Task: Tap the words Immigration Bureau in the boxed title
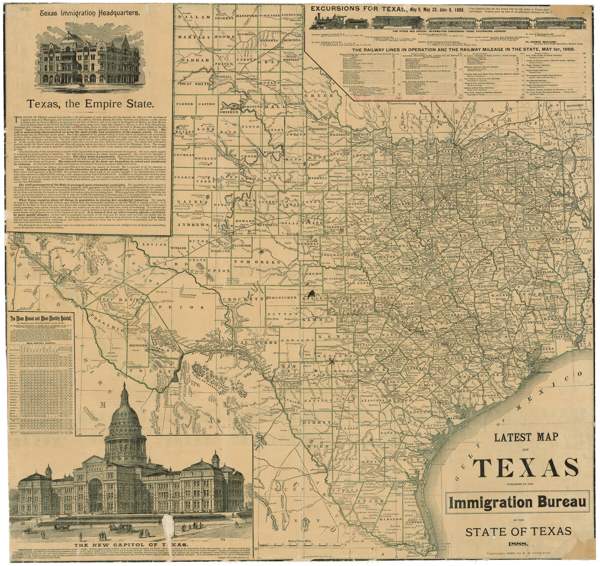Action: coord(517,503)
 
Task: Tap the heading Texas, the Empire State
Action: coord(89,104)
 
